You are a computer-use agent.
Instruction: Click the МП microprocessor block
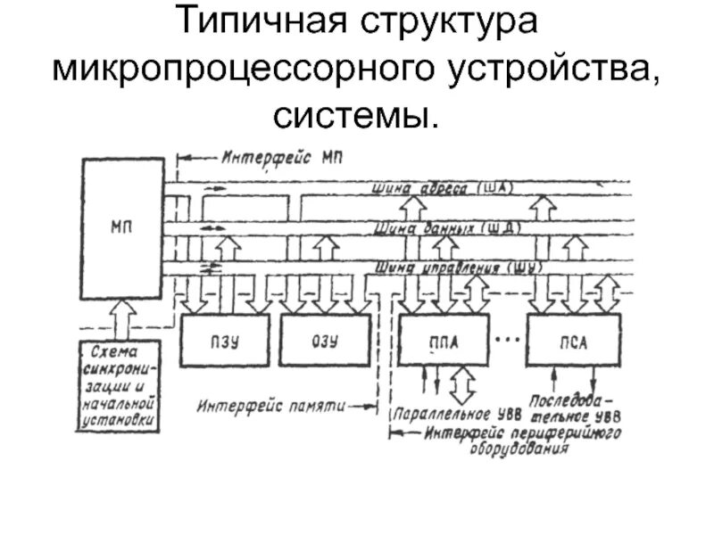(121, 228)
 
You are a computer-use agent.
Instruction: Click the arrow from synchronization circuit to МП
(121, 315)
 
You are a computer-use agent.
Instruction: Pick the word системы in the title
(357, 113)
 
